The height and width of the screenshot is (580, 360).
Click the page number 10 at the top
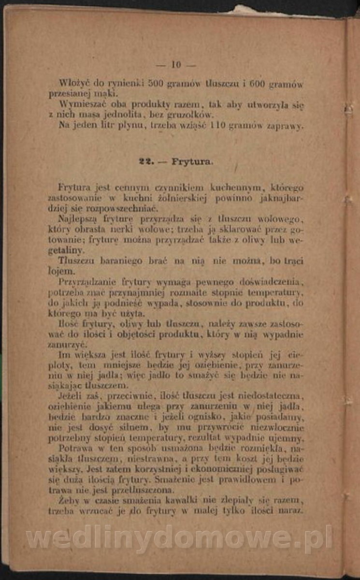pyautogui.click(x=175, y=64)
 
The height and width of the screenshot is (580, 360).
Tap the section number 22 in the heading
pyautogui.click(x=144, y=162)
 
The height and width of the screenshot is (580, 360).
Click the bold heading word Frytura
pyautogui.click(x=192, y=162)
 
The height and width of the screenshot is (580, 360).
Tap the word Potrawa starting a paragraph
pyautogui.click(x=73, y=449)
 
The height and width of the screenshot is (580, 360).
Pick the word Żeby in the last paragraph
pyautogui.click(x=68, y=501)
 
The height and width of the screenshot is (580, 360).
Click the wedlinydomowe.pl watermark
pyautogui.click(x=179, y=537)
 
